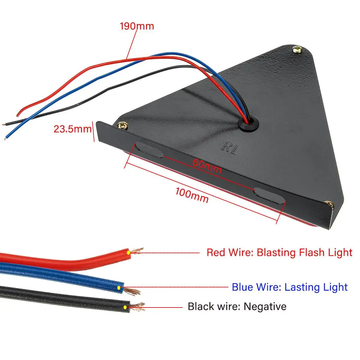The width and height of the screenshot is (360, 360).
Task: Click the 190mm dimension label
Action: click(x=137, y=26)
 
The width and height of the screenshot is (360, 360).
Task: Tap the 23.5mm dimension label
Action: click(x=72, y=129)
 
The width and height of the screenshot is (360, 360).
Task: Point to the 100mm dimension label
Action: click(x=192, y=195)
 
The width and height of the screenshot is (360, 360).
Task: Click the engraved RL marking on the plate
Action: click(x=230, y=148)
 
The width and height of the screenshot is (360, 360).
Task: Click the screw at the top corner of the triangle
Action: click(x=298, y=49)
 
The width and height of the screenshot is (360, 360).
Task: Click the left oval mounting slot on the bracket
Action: click(x=149, y=150)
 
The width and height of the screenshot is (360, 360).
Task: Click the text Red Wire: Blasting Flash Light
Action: click(x=279, y=252)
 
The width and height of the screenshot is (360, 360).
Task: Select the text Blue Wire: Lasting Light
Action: click(x=289, y=287)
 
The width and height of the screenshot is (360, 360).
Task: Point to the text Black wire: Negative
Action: click(x=237, y=307)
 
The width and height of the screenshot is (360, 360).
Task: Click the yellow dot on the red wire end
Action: click(x=128, y=253)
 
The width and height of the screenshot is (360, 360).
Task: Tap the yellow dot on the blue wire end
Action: click(x=119, y=288)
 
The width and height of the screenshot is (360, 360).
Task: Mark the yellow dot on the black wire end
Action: click(x=125, y=307)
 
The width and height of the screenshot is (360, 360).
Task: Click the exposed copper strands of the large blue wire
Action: click(x=132, y=290)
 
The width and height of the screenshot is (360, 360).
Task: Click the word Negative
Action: click(x=265, y=307)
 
